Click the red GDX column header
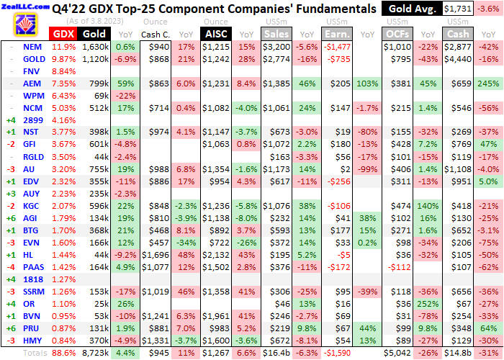[63, 34]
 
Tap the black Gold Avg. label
[410, 9]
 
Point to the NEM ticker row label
[32, 46]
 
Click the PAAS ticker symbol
[32, 266]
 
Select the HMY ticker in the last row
[32, 340]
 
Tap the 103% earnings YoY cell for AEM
[366, 83]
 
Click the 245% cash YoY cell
[489, 83]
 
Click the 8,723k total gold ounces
[96, 353]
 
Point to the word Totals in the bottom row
[35, 353]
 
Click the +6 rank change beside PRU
[10, 328]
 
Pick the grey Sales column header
[275, 34]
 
